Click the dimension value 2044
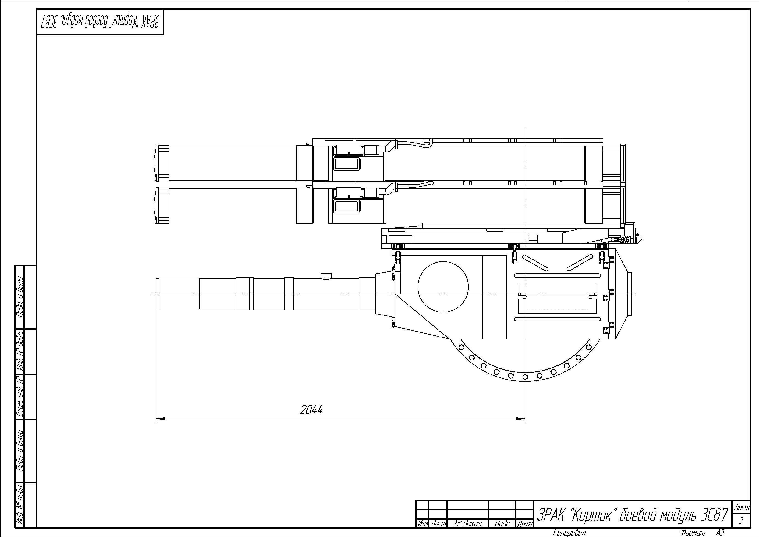pos(311,410)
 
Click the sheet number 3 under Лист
pos(741,521)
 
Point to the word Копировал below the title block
pos(569,532)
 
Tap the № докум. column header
pos(468,523)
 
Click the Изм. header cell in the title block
pos(423,523)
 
